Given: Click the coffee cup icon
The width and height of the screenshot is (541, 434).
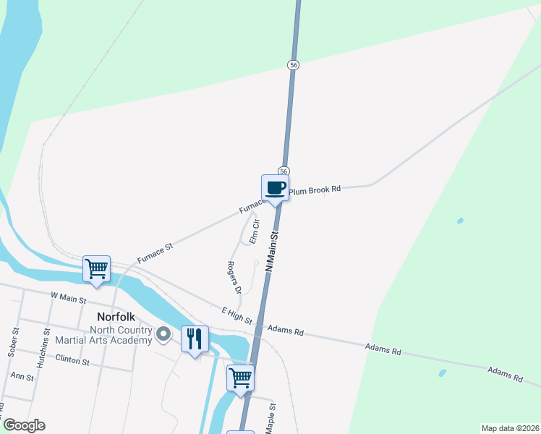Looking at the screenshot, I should [275, 189].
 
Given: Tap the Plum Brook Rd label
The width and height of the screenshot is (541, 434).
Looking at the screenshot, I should [315, 190].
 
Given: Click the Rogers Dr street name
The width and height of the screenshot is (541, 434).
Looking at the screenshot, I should [233, 278].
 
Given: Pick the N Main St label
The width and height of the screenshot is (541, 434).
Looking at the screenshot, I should [272, 252].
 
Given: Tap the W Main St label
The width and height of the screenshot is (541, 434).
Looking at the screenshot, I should [68, 298].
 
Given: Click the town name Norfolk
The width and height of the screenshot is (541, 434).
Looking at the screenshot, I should [117, 317].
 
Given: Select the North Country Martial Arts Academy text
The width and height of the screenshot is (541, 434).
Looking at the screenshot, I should [120, 336].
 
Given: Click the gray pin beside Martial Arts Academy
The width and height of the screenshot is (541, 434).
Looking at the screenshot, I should [164, 334].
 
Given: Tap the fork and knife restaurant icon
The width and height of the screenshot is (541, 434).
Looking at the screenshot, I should [195, 338].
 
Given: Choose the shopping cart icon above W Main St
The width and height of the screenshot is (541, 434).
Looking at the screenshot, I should [96, 268].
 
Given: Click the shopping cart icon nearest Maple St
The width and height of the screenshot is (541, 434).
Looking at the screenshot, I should [240, 377].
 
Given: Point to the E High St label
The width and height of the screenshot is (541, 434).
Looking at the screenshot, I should [237, 315].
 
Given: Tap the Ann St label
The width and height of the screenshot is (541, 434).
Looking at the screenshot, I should [22, 376].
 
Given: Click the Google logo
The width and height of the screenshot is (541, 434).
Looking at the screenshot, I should [24, 425].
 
